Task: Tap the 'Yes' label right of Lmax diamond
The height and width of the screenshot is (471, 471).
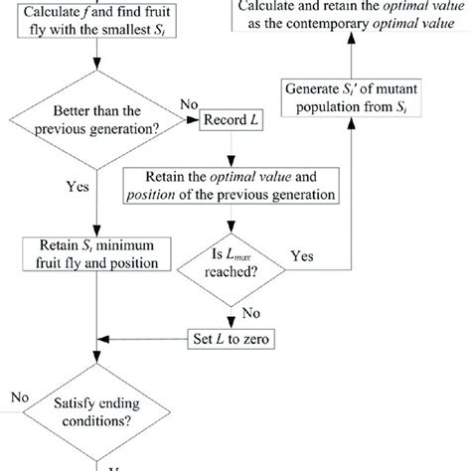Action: coord(303,256)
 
